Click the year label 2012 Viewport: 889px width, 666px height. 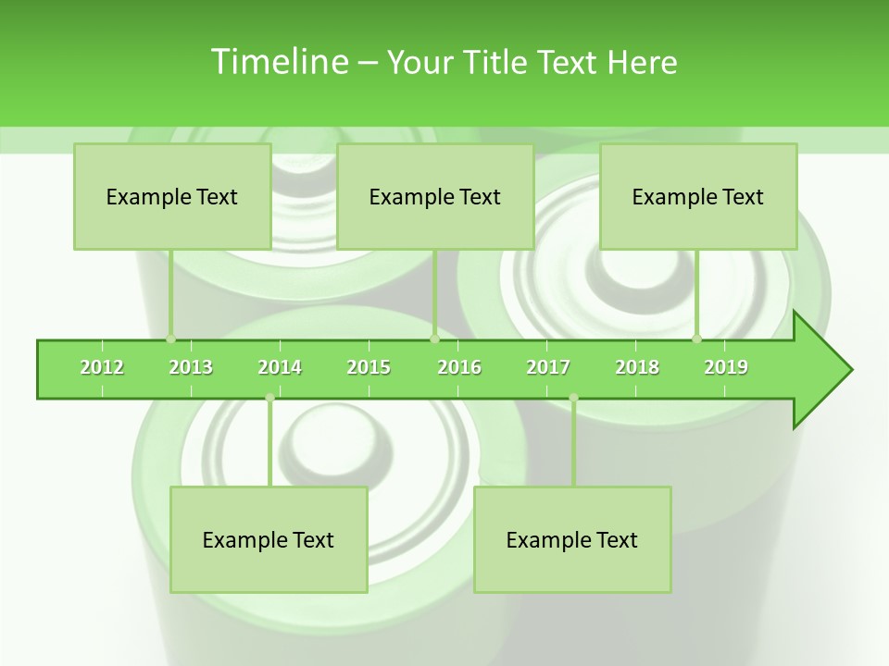click(102, 367)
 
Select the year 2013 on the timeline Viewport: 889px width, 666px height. click(191, 367)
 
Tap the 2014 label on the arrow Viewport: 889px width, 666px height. click(280, 367)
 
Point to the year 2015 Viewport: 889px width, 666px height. click(369, 367)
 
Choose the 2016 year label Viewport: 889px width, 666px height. click(459, 367)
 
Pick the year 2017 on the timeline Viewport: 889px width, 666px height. click(548, 367)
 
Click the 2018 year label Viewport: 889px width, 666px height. click(637, 367)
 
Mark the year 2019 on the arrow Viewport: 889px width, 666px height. click(726, 367)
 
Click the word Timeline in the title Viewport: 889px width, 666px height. click(278, 62)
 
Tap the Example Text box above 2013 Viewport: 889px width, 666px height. click(172, 196)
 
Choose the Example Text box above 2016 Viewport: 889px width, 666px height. click(435, 196)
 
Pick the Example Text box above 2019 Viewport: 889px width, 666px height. click(698, 196)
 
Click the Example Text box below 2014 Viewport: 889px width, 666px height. click(269, 539)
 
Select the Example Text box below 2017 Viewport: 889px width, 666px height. click(572, 539)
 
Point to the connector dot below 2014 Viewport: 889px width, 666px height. click(269, 398)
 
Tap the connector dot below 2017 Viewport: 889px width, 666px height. click(573, 398)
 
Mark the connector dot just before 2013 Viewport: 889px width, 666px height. click(170, 339)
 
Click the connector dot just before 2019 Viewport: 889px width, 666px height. click(696, 339)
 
